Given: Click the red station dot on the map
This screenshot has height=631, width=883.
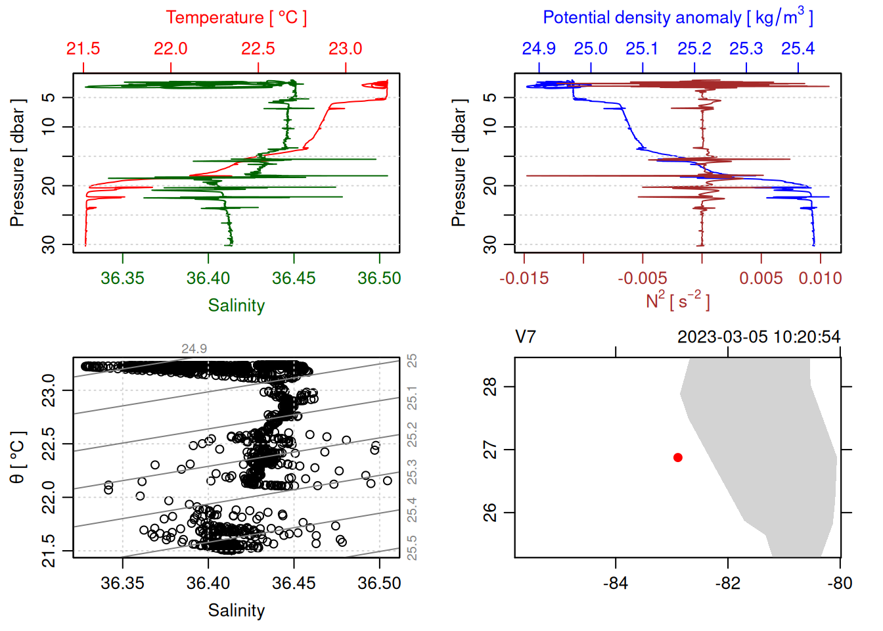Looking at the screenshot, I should coord(678,457).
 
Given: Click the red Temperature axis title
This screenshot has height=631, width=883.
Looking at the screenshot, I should coord(236,18).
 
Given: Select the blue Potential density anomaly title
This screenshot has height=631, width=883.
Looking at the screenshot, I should coord(677,18).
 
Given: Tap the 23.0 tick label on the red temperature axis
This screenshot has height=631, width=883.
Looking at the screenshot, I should coord(346,49).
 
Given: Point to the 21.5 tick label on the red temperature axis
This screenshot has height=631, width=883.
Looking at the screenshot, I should coord(83,49).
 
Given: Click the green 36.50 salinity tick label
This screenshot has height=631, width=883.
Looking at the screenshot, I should coord(379,278).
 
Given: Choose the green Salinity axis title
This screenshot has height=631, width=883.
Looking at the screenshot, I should coord(236,306).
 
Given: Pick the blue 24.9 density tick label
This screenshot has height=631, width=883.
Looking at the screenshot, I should coord(539,49).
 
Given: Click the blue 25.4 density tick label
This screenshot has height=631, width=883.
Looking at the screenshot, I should coord(798,49).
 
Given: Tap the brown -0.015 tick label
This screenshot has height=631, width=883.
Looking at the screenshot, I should coord(524,278).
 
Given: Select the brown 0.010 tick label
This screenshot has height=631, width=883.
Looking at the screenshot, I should coord(820,278).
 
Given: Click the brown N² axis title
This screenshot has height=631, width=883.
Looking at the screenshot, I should coord(677,300).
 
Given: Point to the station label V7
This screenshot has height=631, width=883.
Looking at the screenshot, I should coord(526,337).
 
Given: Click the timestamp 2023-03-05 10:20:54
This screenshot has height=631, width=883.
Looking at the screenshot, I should coord(759,337).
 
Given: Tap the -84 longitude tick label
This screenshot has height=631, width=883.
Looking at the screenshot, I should coord(616,583).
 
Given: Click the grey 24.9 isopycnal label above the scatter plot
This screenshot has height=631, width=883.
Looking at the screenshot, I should coord(194,349).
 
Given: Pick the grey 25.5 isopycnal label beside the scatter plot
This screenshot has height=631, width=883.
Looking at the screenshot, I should coord(412,548).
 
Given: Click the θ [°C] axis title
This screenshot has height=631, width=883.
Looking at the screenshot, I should coord(18,457).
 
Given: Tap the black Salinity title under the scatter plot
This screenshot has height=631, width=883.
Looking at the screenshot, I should coord(236,611).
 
